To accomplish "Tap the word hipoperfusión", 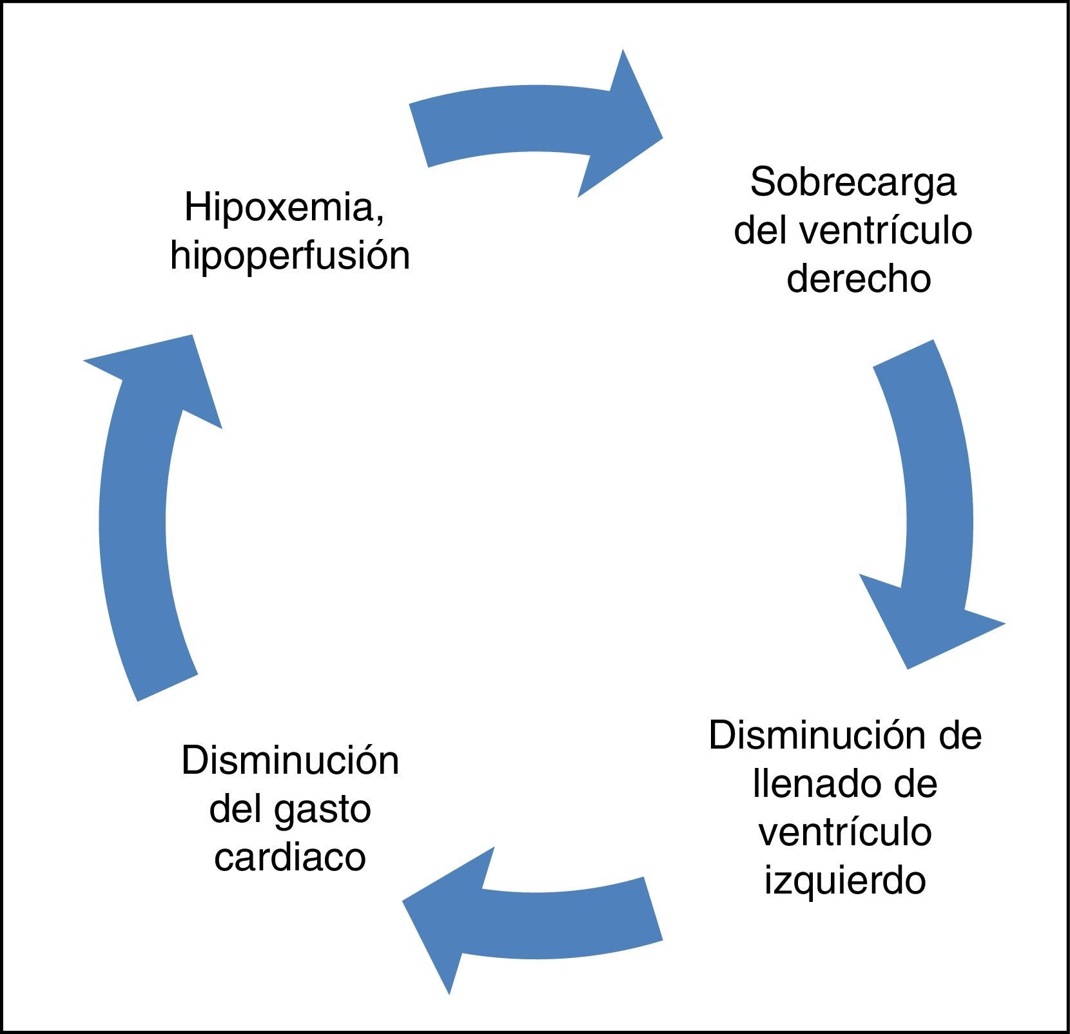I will pos(290,256).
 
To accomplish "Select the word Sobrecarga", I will pos(853,182).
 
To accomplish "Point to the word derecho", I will pos(859,279).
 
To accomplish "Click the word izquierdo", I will pos(845,880).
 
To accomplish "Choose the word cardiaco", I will pos(290,857).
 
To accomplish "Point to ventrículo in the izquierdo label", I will pos(845,832).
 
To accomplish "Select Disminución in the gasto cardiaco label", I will pos(290,761).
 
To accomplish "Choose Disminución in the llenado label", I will pos(799,736).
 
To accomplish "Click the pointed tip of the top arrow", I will pos(661,137).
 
